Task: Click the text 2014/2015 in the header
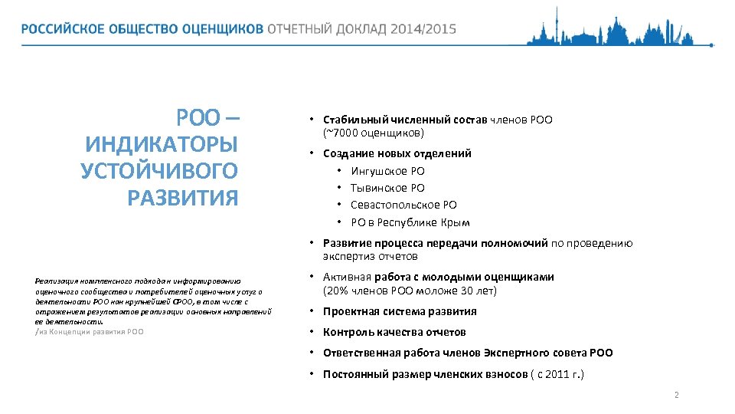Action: click(x=423, y=29)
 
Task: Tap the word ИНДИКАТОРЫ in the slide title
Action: click(x=162, y=145)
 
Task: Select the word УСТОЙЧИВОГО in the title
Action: click(x=159, y=171)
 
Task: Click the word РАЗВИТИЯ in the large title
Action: click(x=183, y=198)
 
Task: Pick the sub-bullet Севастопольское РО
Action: click(x=403, y=205)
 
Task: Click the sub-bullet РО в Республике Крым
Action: click(x=410, y=222)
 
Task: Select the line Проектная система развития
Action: click(x=400, y=311)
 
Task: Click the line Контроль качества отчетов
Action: click(x=394, y=332)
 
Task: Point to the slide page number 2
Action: click(x=676, y=395)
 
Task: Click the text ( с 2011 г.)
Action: click(x=557, y=374)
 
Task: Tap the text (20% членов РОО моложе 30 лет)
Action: click(x=410, y=291)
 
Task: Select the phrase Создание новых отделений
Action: click(x=397, y=153)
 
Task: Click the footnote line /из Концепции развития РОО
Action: click(x=89, y=331)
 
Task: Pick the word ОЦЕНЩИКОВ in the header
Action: click(x=222, y=29)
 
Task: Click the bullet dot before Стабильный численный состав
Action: click(x=312, y=120)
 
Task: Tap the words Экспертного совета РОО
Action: click(x=548, y=353)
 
